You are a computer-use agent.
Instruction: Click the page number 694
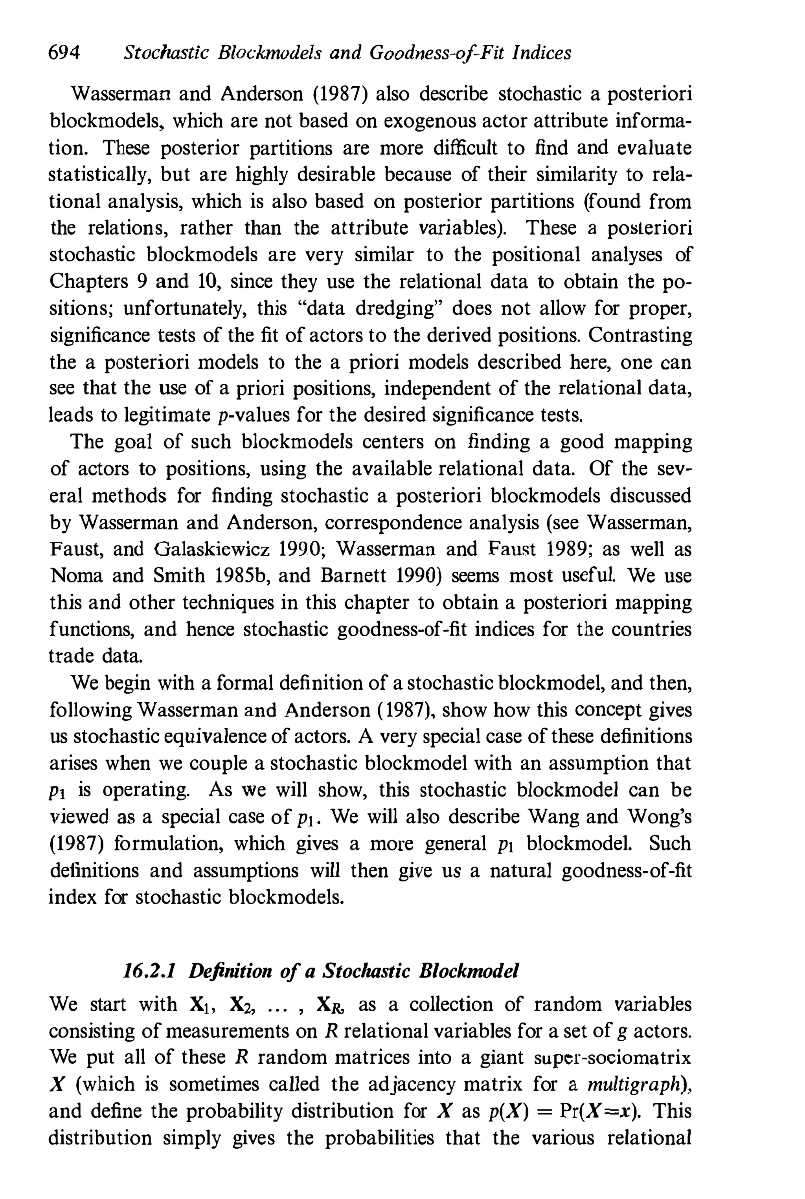pos(64,53)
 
